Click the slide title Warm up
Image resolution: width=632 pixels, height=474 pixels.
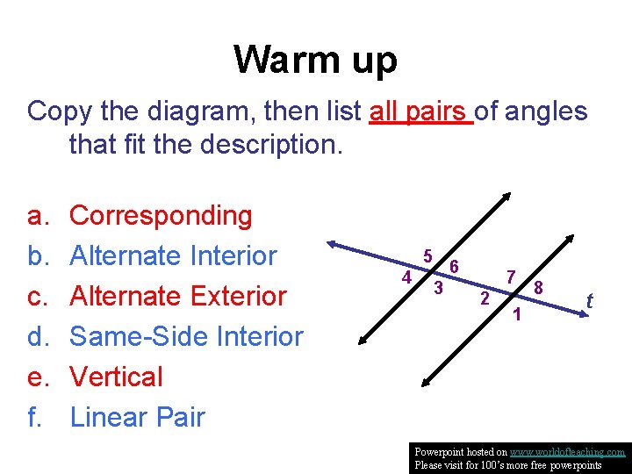(x=315, y=60)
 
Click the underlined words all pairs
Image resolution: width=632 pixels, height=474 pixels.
(x=420, y=111)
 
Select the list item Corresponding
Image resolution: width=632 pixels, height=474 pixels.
(x=161, y=215)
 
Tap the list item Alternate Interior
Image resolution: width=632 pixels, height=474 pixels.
(x=173, y=255)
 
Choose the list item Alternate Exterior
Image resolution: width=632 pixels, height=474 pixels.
(x=178, y=296)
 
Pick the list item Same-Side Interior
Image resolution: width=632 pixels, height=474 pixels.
(x=186, y=336)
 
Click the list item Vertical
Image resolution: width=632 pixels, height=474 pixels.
(x=116, y=377)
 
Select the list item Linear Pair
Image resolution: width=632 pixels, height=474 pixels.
(x=137, y=417)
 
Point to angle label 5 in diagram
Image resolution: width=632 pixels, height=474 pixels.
(x=427, y=256)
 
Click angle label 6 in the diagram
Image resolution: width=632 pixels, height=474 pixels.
(x=454, y=266)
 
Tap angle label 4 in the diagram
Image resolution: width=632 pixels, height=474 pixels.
(x=406, y=277)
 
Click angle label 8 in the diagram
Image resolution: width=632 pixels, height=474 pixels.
(x=540, y=287)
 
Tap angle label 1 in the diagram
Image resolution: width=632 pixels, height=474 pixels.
(x=518, y=314)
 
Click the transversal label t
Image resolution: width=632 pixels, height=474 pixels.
(x=590, y=301)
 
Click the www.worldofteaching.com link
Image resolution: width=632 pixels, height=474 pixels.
(x=567, y=452)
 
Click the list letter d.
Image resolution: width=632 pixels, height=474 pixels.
(x=36, y=336)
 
